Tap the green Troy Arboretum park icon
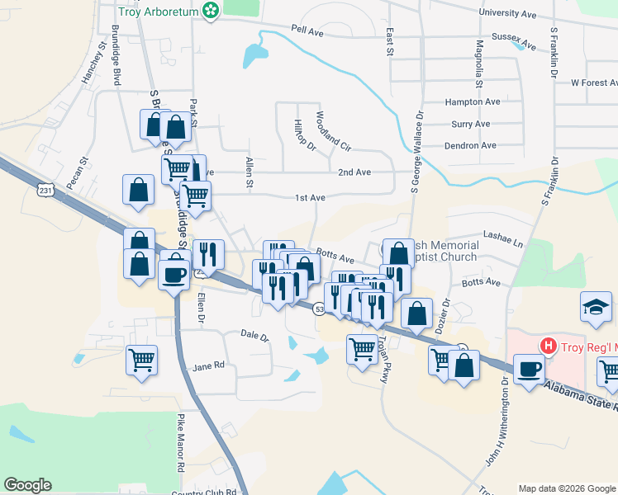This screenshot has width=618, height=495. [x=212, y=10]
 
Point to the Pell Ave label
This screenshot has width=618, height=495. [x=307, y=31]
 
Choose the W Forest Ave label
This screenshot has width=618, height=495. [x=594, y=82]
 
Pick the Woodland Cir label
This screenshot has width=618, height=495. [x=333, y=130]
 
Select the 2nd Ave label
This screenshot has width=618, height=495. [x=354, y=172]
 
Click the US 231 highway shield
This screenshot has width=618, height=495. [x=45, y=190]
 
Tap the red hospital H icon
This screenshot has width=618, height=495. [x=545, y=345]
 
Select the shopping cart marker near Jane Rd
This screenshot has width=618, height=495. [x=141, y=360]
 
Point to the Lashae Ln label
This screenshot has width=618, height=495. [x=503, y=243]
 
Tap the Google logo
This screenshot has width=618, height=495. [x=27, y=485]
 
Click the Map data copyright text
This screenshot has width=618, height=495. [x=567, y=488]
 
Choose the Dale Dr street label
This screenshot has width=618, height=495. [x=254, y=336]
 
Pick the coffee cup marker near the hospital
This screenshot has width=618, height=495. [x=528, y=369]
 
